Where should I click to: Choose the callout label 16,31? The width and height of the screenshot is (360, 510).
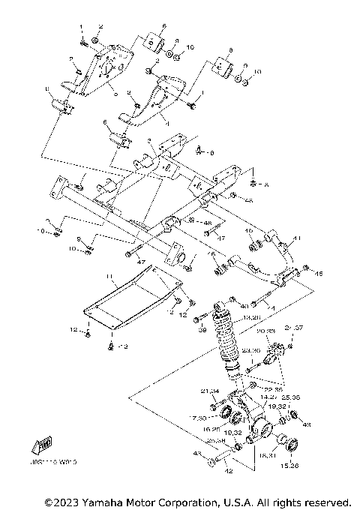tap(268, 454)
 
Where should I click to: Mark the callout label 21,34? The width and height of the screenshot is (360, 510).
tap(210, 391)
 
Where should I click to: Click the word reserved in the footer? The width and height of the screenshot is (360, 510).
tap(325, 501)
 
